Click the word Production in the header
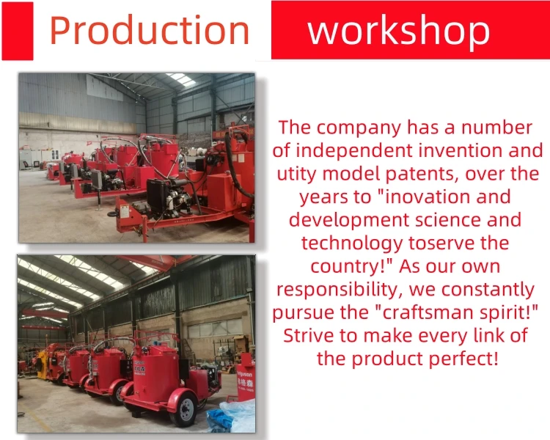click(149, 30)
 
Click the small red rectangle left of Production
click(17, 31)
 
